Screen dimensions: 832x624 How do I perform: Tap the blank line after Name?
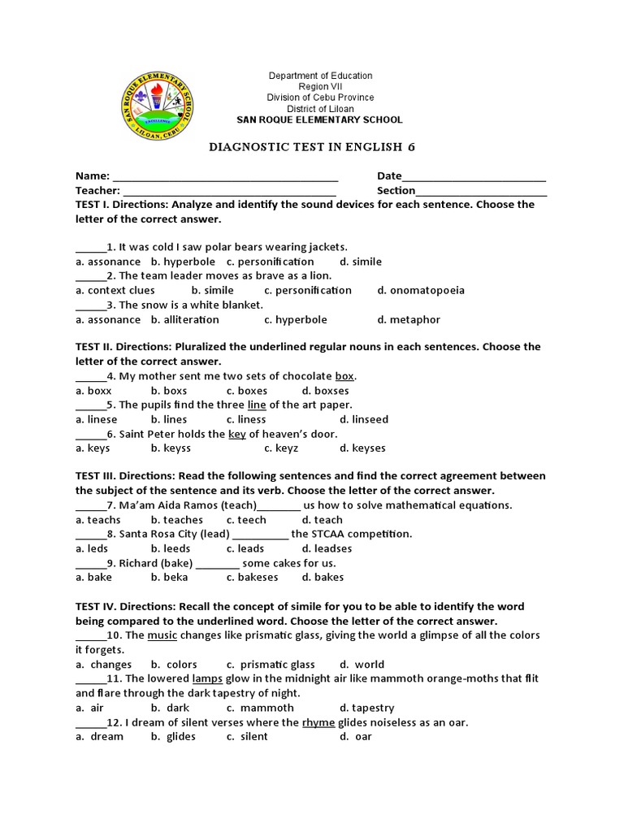coord(225,176)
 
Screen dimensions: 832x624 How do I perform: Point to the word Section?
coord(396,190)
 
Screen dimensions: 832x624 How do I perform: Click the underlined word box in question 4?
coord(344,376)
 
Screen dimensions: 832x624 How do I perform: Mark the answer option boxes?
coord(247,391)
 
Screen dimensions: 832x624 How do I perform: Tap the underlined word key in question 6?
coord(236,434)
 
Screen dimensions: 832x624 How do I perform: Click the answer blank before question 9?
coord(91,563)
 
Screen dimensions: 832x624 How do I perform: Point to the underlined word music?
coord(162,635)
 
